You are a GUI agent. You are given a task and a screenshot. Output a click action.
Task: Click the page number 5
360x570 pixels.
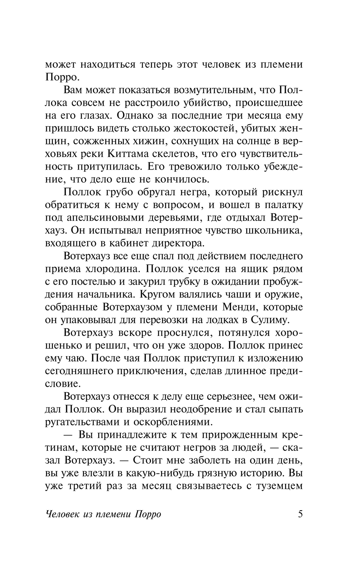click(x=300, y=513)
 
